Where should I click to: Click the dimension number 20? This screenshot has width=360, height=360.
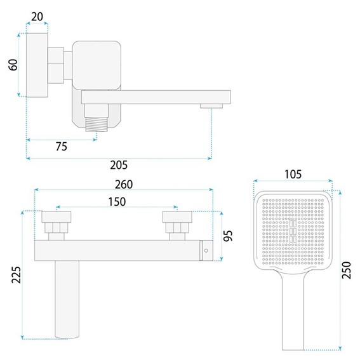pyautogui.click(x=37, y=17)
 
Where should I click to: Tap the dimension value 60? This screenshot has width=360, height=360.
pyautogui.click(x=13, y=65)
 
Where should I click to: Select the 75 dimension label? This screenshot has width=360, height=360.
pyautogui.click(x=62, y=146)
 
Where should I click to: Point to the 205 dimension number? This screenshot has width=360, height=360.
pyautogui.click(x=119, y=165)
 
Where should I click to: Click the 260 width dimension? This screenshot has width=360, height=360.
pyautogui.click(x=124, y=184)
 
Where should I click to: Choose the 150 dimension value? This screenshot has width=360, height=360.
pyautogui.click(x=117, y=202)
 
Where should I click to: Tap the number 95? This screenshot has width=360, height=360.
pyautogui.click(x=228, y=236)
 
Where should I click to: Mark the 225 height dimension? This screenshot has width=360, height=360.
pyautogui.click(x=17, y=274)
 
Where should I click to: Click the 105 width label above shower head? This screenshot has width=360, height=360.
pyautogui.click(x=293, y=175)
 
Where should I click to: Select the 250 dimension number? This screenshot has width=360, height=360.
pyautogui.click(x=347, y=270)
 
